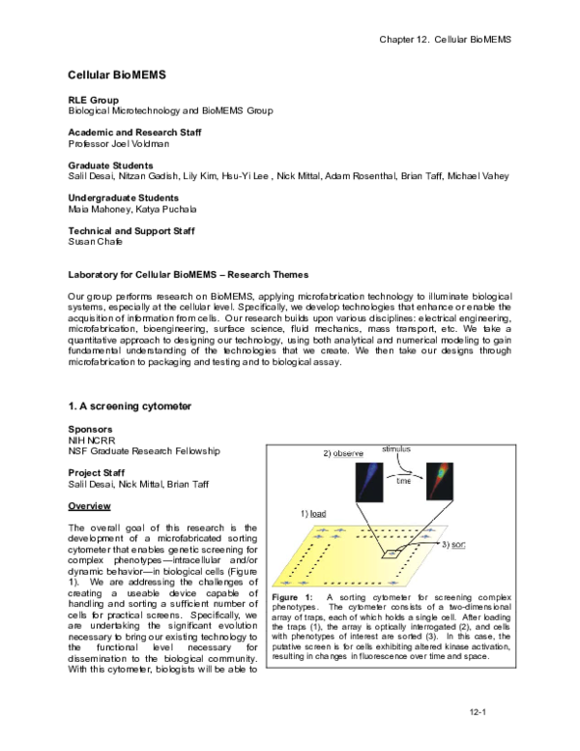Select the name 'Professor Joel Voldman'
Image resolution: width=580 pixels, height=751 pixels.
[119, 144]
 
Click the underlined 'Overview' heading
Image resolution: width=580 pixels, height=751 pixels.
[89, 506]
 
